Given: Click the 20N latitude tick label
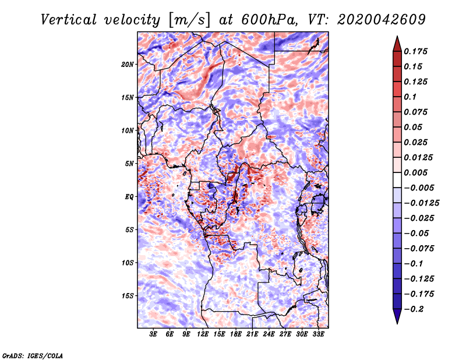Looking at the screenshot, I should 128,64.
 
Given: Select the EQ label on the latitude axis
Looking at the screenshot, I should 129,197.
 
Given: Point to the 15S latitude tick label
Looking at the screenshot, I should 128,296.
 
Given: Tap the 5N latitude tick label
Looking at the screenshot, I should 130,164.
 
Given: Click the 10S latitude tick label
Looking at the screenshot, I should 128,263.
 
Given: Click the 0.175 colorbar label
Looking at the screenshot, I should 417,51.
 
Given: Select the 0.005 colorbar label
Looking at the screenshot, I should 417,172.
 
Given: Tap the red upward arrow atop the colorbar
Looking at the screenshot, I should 397,42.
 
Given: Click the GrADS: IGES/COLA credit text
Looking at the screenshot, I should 32,355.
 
